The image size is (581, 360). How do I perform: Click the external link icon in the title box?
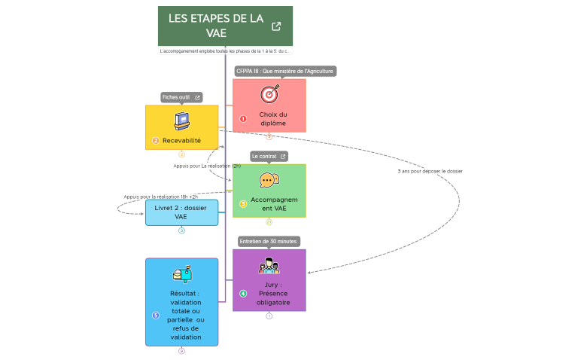tap(276, 26)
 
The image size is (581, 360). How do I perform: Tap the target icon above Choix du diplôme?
tap(269, 94)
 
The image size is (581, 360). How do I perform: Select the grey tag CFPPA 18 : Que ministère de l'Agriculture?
tap(284, 72)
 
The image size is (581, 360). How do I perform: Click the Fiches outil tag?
tap(181, 97)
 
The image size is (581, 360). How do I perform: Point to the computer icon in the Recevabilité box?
tap(181, 121)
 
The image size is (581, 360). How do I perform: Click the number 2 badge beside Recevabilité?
tap(156, 140)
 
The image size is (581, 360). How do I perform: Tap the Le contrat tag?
tap(269, 156)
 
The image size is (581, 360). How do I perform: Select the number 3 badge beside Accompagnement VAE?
tap(243, 203)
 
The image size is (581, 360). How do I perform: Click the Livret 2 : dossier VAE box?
tap(181, 212)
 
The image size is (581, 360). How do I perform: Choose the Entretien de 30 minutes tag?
tap(269, 241)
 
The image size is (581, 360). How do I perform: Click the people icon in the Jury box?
tap(269, 266)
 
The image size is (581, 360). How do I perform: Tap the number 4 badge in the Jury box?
tap(243, 294)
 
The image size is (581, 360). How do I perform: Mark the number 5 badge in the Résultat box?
tap(156, 315)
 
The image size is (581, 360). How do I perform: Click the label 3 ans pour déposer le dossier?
tap(430, 171)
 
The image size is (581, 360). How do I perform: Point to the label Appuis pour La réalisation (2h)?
tap(207, 166)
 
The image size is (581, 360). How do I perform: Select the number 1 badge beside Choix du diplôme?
tap(243, 118)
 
